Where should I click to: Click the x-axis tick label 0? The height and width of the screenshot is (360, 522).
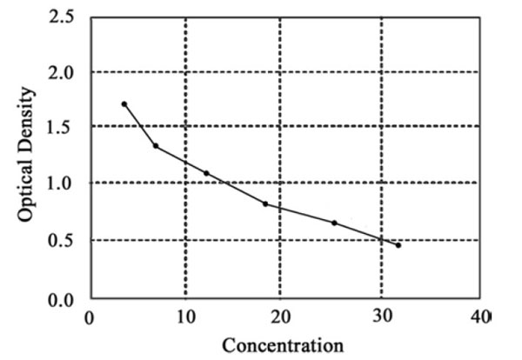(x=89, y=317)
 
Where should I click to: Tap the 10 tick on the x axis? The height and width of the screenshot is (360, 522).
(x=184, y=317)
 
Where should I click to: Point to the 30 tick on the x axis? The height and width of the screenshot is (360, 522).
(x=381, y=317)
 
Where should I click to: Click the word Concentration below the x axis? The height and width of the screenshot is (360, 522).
(x=283, y=345)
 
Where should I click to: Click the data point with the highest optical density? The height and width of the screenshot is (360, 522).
(x=124, y=103)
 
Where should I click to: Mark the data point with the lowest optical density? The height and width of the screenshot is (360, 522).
(x=398, y=245)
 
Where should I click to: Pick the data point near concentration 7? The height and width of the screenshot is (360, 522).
(x=156, y=145)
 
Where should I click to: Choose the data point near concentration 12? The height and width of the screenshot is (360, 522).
(x=206, y=173)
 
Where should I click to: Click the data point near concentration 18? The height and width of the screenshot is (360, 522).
(x=265, y=203)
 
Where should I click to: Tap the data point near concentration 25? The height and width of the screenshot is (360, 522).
(x=334, y=223)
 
